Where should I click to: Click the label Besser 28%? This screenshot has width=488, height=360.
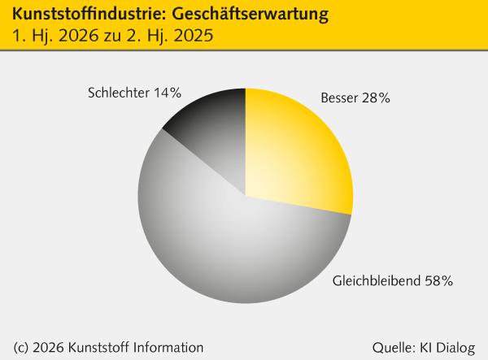point(356,98)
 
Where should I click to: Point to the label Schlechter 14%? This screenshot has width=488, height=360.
point(133,93)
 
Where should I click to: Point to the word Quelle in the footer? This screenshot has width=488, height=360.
point(392,347)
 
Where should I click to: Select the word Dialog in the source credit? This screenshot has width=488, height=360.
point(455,347)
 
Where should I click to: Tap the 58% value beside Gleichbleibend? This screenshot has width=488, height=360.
point(438,281)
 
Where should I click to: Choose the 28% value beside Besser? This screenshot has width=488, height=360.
point(376,98)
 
